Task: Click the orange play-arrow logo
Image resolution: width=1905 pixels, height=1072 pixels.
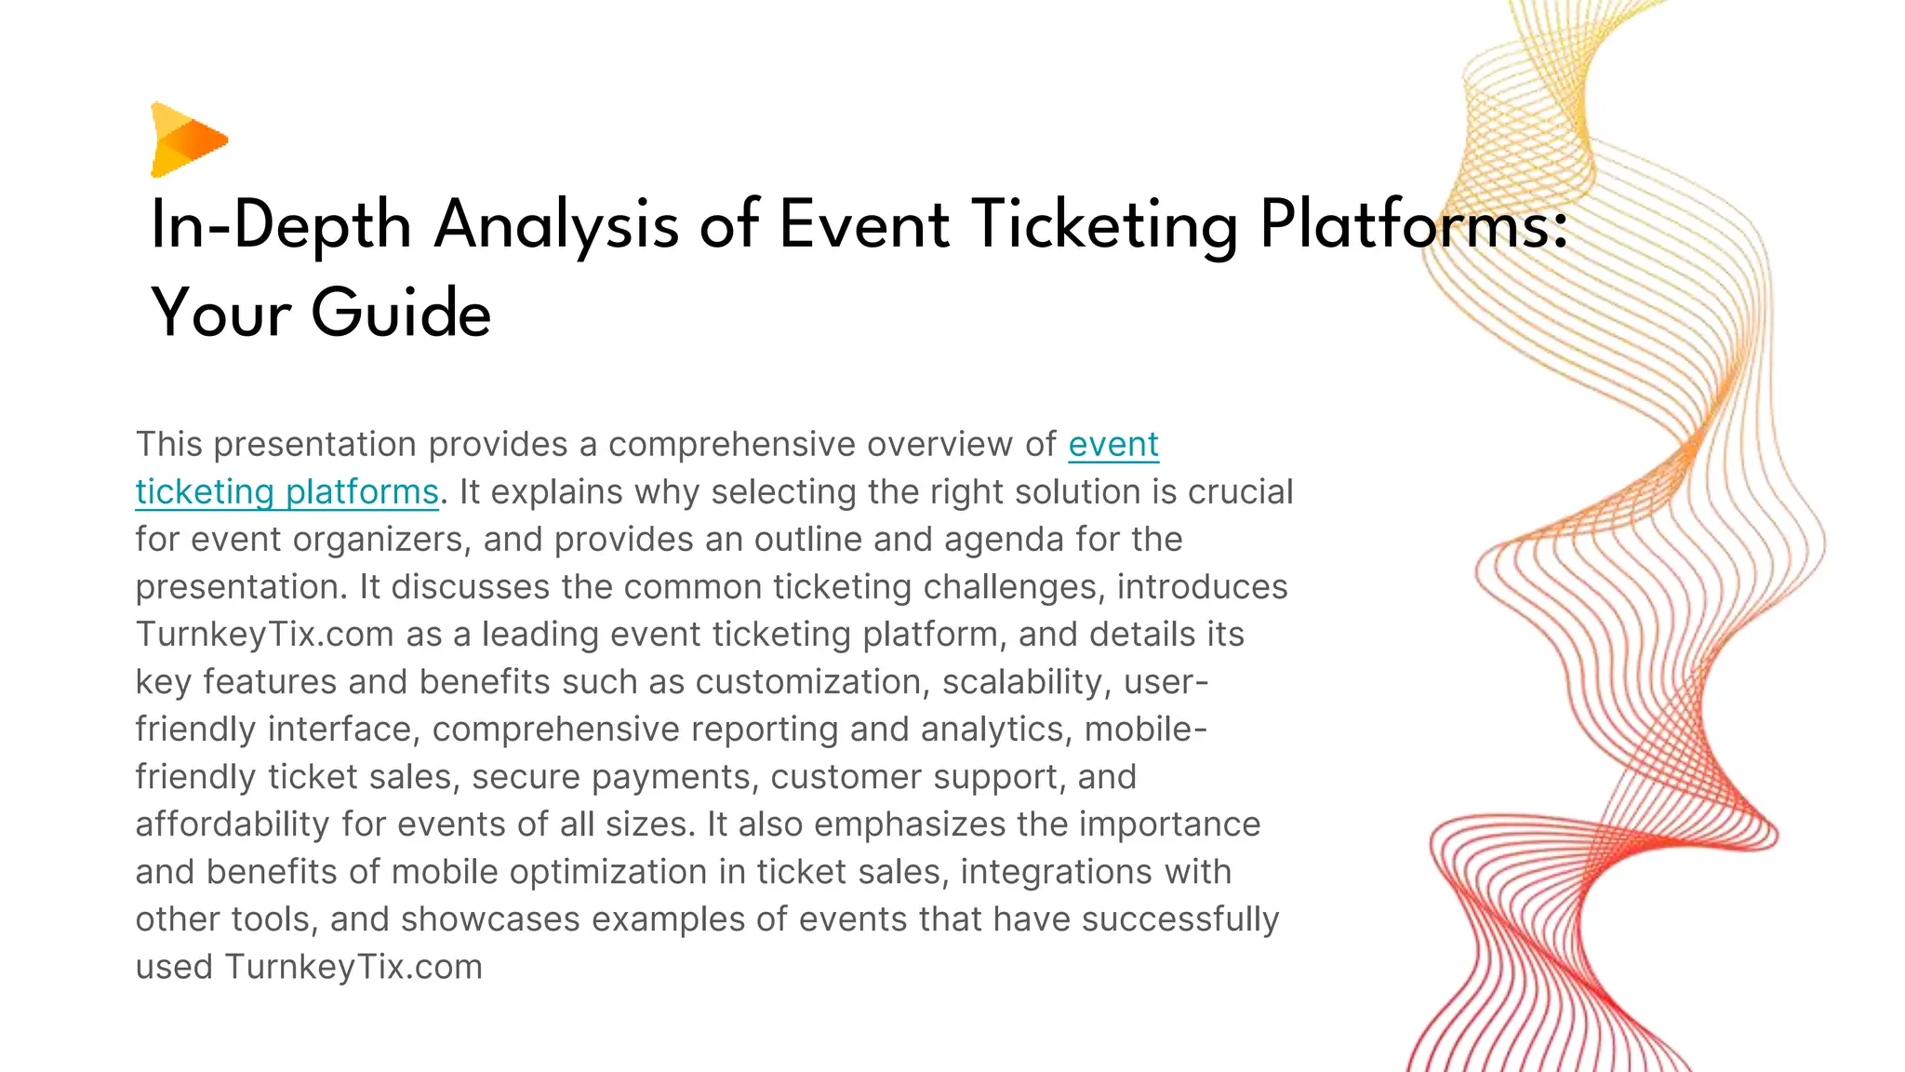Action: [x=187, y=140]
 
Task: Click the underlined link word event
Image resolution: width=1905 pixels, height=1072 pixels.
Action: [x=1112, y=445]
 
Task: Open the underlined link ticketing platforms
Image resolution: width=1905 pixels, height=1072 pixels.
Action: [x=286, y=492]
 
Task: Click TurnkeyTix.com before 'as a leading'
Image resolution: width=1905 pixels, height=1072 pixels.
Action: [x=265, y=635]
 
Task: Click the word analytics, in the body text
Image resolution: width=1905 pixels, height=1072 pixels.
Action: [x=997, y=730]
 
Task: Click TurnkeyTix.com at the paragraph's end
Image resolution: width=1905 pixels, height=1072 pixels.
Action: [x=353, y=967]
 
